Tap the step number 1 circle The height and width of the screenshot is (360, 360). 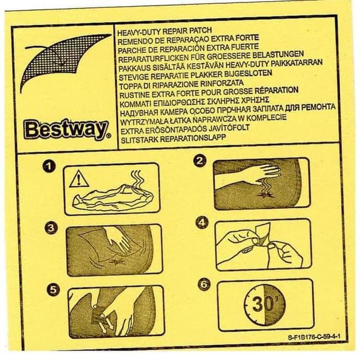pyautogui.click(x=49, y=166)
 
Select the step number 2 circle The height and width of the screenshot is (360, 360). pyautogui.click(x=200, y=160)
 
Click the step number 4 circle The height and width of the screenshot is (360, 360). pyautogui.click(x=202, y=222)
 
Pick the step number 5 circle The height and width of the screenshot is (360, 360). pyautogui.click(x=53, y=289)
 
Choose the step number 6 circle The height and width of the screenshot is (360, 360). pyautogui.click(x=204, y=284)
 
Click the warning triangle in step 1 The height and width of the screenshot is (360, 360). pyautogui.click(x=79, y=178)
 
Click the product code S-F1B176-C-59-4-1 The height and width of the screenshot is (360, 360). pyautogui.click(x=314, y=337)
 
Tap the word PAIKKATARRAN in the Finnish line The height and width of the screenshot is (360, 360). pyautogui.click(x=297, y=63)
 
